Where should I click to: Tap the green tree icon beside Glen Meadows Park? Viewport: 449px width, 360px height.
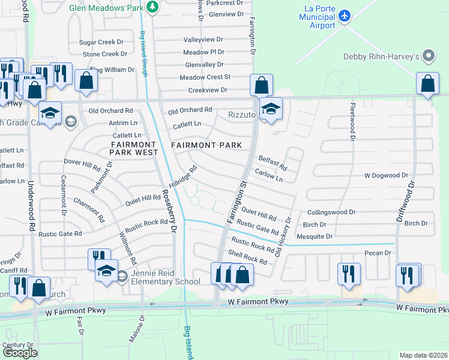pyautogui.click(x=153, y=6)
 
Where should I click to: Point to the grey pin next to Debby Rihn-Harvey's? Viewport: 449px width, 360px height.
pyautogui.click(x=428, y=56)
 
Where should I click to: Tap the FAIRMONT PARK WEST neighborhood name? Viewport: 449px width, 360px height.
pyautogui.click(x=132, y=148)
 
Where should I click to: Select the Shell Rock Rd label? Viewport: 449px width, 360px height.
pyautogui.click(x=247, y=259)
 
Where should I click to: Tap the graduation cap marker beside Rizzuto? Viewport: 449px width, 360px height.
pyautogui.click(x=271, y=109)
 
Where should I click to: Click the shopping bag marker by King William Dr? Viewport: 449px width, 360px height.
pyautogui.click(x=86, y=81)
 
